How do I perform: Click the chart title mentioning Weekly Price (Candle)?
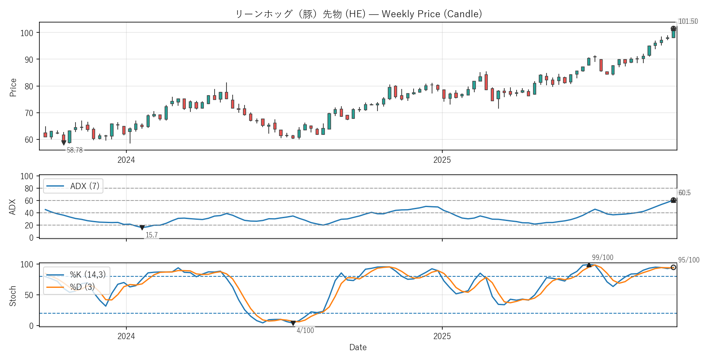(x=358, y=14)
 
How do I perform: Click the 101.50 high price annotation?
(x=688, y=21)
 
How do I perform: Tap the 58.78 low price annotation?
(x=75, y=150)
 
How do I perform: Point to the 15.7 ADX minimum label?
(x=151, y=235)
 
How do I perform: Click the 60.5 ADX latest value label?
(x=684, y=193)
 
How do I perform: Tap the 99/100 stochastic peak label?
(x=602, y=257)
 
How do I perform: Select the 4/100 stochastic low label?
(x=305, y=330)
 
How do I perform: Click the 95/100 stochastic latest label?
(x=688, y=260)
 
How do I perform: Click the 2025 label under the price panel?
(x=442, y=160)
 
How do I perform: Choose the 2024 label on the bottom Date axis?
(x=126, y=336)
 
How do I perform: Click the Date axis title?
(x=358, y=347)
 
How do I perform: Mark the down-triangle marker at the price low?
(x=64, y=143)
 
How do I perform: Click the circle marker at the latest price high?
(x=673, y=29)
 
